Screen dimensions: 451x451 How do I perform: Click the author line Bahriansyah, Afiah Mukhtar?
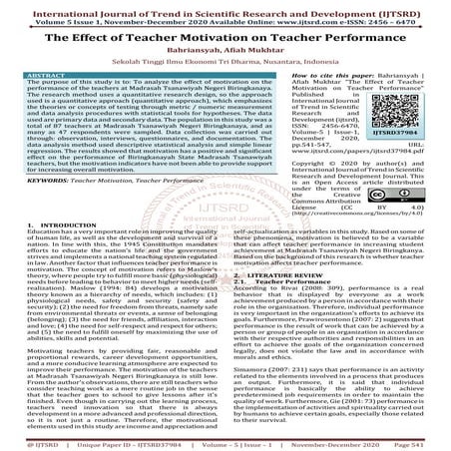225,48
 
